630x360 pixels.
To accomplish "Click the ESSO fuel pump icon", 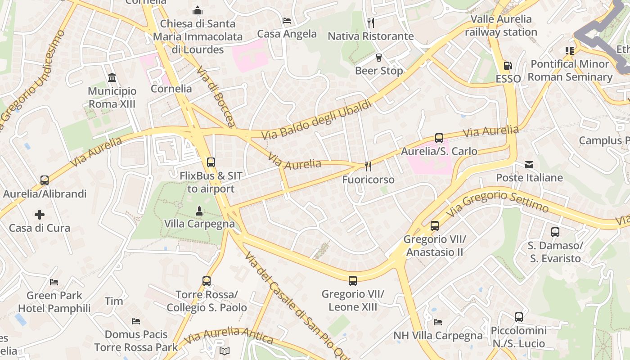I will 508,66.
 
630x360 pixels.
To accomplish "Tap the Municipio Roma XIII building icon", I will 112,78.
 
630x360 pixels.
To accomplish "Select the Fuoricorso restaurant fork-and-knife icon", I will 368,166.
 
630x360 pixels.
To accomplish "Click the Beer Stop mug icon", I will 378,58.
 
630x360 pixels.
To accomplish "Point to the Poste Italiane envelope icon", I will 529,165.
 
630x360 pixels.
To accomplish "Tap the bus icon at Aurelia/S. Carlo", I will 439,138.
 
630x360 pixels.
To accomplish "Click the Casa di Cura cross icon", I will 40,215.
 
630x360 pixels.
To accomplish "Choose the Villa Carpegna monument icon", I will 199,211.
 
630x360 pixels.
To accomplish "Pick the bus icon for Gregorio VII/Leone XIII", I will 352,281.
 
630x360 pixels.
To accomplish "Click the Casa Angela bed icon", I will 287,21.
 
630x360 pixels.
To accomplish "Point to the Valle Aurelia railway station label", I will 501,26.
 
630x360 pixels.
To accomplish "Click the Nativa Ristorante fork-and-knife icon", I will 370,22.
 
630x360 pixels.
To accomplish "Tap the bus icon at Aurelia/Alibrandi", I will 44,180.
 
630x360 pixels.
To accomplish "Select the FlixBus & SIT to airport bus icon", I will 211,162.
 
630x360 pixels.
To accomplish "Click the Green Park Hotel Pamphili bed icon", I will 54,282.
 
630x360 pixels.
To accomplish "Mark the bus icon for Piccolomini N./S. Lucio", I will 518,317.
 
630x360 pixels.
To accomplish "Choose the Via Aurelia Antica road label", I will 229,335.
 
